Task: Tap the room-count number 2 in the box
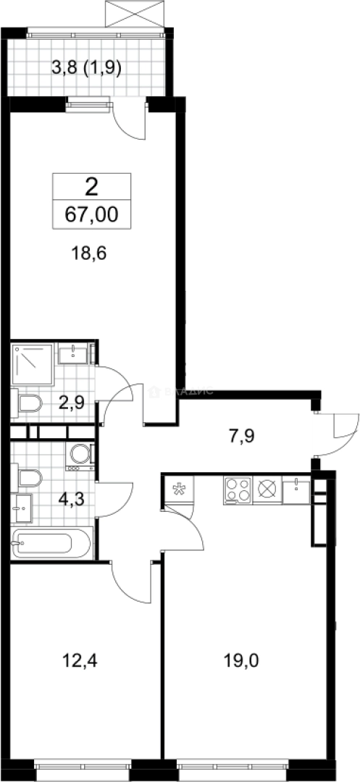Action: [x=91, y=188]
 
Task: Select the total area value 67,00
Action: [x=91, y=215]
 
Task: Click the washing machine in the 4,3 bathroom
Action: [x=79, y=454]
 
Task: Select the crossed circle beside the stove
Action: [x=267, y=489]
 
